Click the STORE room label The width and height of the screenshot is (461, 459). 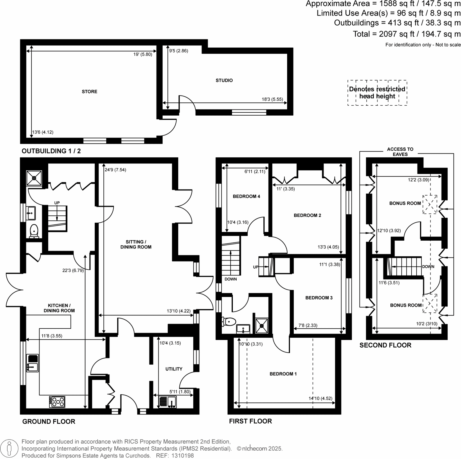click(89, 92)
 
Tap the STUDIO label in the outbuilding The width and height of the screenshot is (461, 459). click(224, 80)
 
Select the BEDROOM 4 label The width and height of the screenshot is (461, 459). click(246, 197)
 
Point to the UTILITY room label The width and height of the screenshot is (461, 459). click(174, 369)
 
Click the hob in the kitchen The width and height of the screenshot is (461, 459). click(57, 402)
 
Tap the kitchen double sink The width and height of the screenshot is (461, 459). click(33, 363)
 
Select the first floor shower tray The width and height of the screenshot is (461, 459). click(262, 326)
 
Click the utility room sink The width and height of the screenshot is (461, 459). click(168, 402)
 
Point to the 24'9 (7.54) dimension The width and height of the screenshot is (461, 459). click(116, 170)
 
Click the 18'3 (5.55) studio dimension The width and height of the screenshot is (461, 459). click(272, 99)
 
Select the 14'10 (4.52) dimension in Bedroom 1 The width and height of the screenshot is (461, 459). click(320, 399)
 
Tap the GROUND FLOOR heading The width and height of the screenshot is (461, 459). click(49, 422)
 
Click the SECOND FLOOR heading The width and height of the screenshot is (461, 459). click(385, 345)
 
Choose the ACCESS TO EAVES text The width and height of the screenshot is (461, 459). click(400, 152)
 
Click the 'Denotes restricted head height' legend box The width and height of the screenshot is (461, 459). click(377, 93)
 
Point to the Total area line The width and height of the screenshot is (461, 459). click(406, 34)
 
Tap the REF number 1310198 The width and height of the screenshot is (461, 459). click(182, 456)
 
